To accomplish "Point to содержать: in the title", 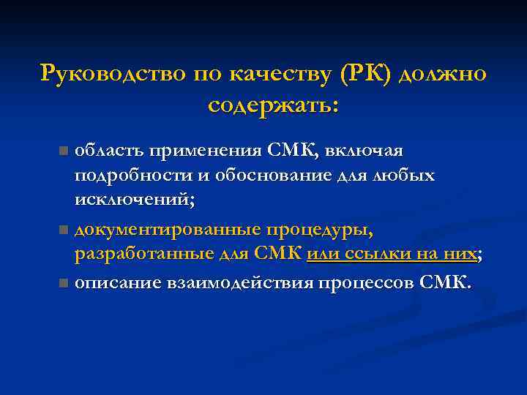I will pyautogui.click(x=273, y=105).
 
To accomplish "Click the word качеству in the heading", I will pyautogui.click(x=279, y=74).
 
